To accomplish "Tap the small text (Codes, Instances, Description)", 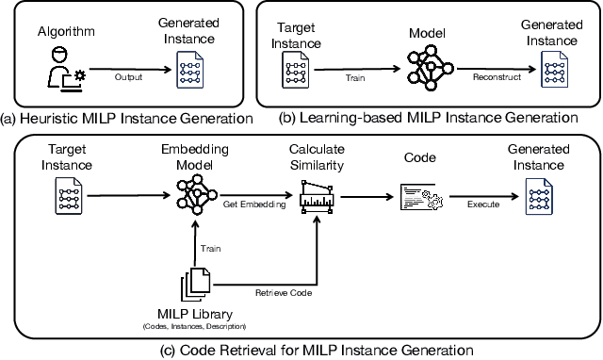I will [194, 326].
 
